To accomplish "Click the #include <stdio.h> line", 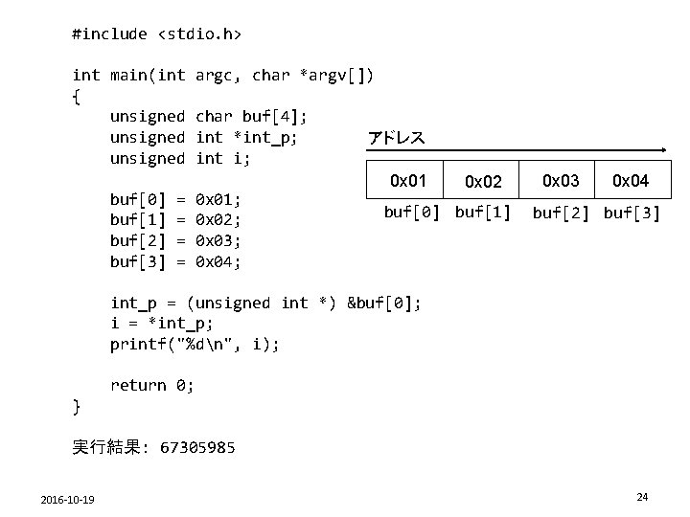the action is click(x=157, y=34).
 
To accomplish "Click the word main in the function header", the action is click(x=129, y=75).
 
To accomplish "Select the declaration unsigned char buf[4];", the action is click(x=209, y=117).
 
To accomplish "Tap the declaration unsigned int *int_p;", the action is click(x=203, y=138).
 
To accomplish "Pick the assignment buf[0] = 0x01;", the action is click(x=175, y=200).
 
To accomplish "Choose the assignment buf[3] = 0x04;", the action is click(x=175, y=261).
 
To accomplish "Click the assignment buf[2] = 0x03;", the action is click(x=175, y=241).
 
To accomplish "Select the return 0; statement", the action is click(x=152, y=385).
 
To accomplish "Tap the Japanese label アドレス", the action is click(x=397, y=138).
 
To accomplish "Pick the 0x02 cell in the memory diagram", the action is click(x=483, y=181).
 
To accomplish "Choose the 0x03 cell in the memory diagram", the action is click(x=561, y=180).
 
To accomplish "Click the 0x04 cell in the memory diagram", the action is click(x=631, y=180).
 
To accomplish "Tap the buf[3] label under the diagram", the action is click(x=632, y=212).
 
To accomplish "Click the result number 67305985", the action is click(x=197, y=447).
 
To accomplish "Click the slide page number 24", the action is click(x=642, y=497).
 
